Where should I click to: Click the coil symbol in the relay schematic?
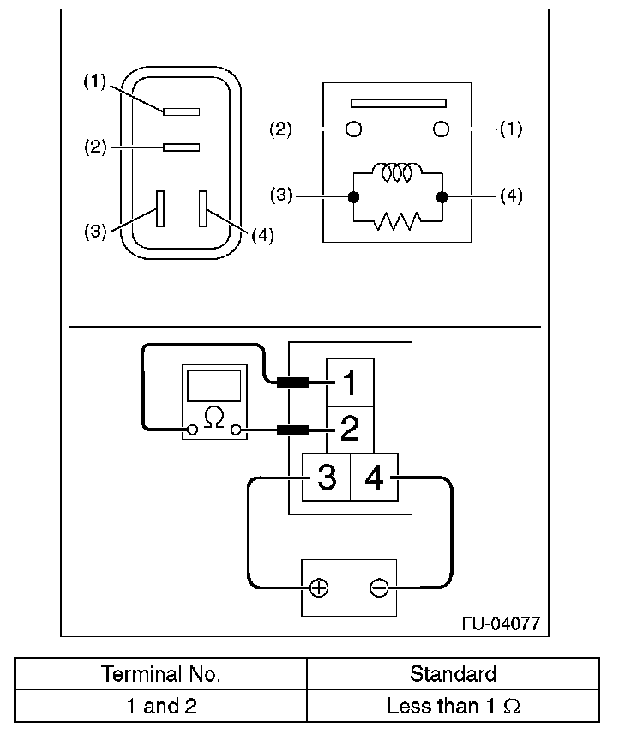pyautogui.click(x=397, y=173)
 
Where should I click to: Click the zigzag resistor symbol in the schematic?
pyautogui.click(x=397, y=222)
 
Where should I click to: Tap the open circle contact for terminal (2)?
pyautogui.click(x=352, y=129)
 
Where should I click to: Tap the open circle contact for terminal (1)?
pyautogui.click(x=442, y=129)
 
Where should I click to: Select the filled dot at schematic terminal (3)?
pyautogui.click(x=352, y=196)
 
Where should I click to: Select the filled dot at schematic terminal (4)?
pyautogui.click(x=442, y=196)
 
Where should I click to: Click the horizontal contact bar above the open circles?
pyautogui.click(x=396, y=103)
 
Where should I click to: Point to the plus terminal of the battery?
pyautogui.click(x=318, y=588)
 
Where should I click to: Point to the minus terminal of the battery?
pyautogui.click(x=378, y=588)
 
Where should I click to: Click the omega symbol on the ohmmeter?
pyautogui.click(x=215, y=418)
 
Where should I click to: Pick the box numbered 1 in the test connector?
pyautogui.click(x=349, y=381)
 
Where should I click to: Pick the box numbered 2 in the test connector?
pyautogui.click(x=349, y=428)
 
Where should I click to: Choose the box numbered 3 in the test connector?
pyautogui.click(x=327, y=477)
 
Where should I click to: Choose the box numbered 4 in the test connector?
pyautogui.click(x=375, y=477)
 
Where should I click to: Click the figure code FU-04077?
pyautogui.click(x=501, y=623)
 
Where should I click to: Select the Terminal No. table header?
pyautogui.click(x=161, y=674)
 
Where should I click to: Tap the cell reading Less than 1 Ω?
pyautogui.click(x=453, y=707)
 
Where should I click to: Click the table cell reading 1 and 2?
pyautogui.click(x=161, y=707)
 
